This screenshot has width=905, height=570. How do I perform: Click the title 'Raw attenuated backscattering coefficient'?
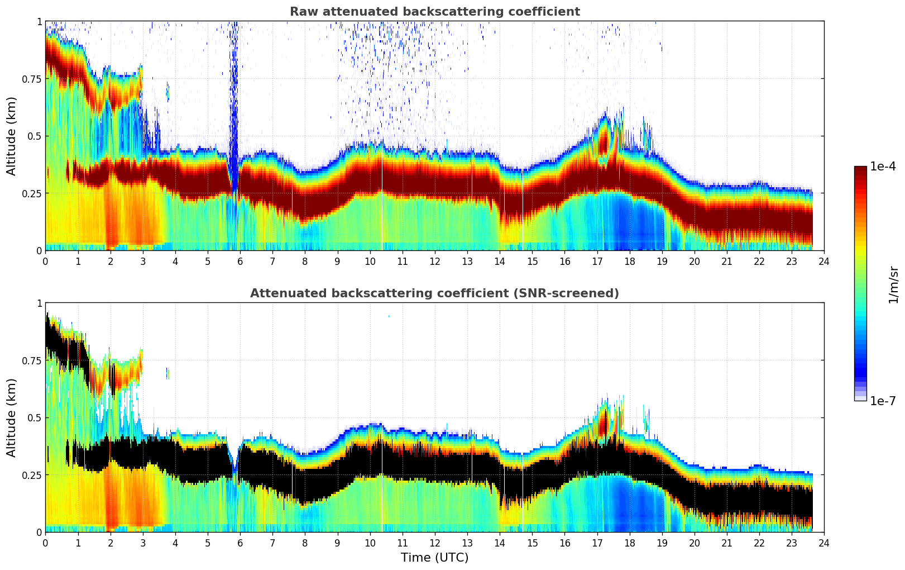pyautogui.click(x=434, y=12)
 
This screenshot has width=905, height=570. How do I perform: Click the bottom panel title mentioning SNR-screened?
pyautogui.click(x=434, y=293)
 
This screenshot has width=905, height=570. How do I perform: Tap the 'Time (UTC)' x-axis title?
pyautogui.click(x=434, y=558)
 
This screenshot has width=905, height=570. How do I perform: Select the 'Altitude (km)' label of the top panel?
pyautogui.click(x=11, y=136)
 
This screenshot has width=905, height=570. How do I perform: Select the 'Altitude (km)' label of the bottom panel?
pyautogui.click(x=11, y=417)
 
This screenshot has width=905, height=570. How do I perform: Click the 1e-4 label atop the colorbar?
pyautogui.click(x=883, y=167)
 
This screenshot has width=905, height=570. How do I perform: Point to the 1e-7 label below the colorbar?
pyautogui.click(x=883, y=401)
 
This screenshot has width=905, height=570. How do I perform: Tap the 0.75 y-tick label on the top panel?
pyautogui.click(x=31, y=79)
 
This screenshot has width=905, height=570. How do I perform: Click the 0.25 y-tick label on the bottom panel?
pyautogui.click(x=31, y=475)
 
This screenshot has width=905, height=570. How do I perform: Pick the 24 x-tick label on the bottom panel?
pyautogui.click(x=824, y=543)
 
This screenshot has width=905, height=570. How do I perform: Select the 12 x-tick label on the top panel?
pyautogui.click(x=434, y=261)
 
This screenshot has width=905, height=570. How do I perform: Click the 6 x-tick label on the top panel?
pyautogui.click(x=240, y=261)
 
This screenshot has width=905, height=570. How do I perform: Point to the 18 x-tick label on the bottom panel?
pyautogui.click(x=629, y=543)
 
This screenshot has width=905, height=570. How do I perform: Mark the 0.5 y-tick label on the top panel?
pyautogui.click(x=35, y=136)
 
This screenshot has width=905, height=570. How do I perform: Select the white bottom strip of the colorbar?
pyautogui.click(x=860, y=398)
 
